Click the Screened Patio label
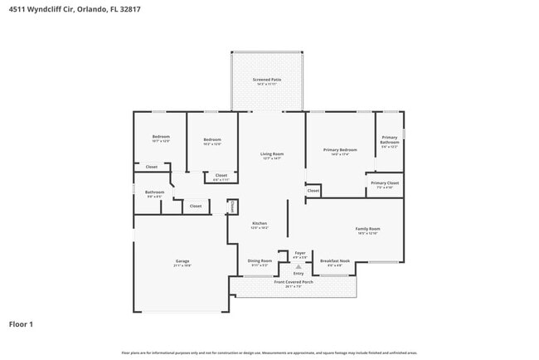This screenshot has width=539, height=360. (x=267, y=80)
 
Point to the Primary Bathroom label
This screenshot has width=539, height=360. (x=390, y=139)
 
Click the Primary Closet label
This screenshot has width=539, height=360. (x=385, y=182)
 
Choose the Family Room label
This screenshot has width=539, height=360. (x=367, y=229)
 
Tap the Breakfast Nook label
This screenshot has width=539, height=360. (x=335, y=260)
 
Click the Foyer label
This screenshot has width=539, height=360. (x=300, y=253)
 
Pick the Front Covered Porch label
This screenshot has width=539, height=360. (x=294, y=282)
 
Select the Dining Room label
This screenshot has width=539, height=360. (x=260, y=260)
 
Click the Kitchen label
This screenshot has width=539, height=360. (x=260, y=224)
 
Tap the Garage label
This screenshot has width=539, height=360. (x=182, y=261)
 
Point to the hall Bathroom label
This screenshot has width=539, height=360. (x=155, y=192)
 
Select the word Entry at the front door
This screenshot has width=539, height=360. (x=299, y=272)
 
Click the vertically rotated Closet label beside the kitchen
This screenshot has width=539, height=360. (x=232, y=206)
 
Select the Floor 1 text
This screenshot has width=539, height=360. (x=22, y=324)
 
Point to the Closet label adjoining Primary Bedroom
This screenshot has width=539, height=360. (x=313, y=191)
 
